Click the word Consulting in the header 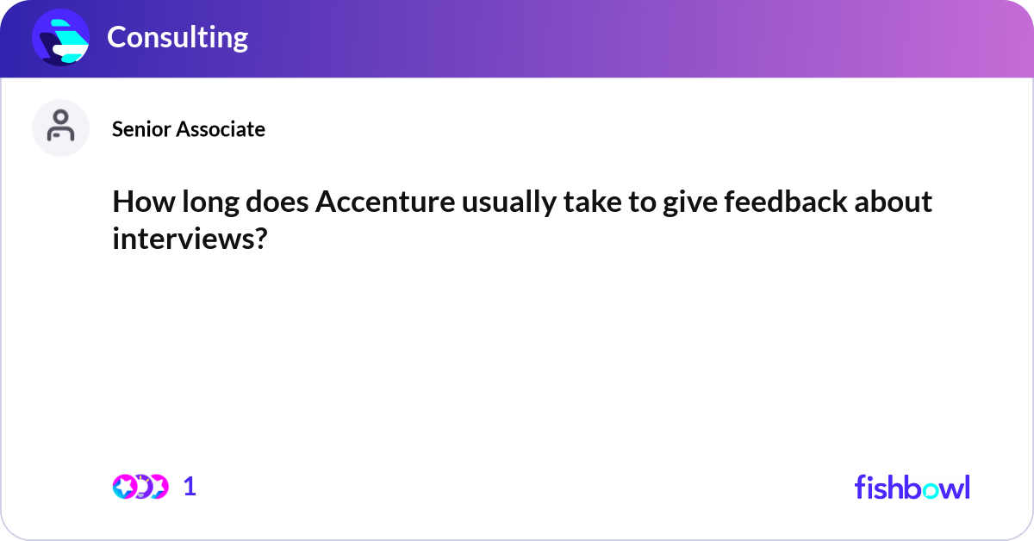pos(177,37)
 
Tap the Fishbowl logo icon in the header pos(60,37)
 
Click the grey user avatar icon pos(60,127)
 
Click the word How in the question pos(139,202)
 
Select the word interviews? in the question pos(188,239)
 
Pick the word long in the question pos(201,202)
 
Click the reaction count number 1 pos(190,487)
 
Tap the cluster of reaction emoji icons pos(140,487)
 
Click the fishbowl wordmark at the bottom pos(912,487)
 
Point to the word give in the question pos(672,202)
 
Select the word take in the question pos(578,202)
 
